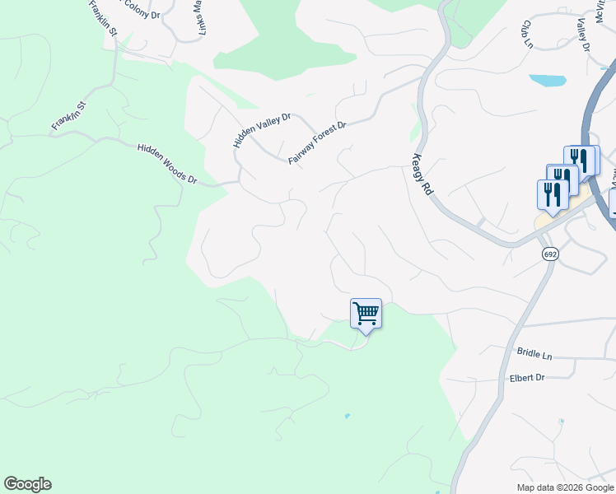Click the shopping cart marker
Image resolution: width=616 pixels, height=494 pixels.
(366, 314)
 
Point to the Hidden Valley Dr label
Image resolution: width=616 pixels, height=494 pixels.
(262, 130)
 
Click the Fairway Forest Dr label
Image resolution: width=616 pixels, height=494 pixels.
(318, 142)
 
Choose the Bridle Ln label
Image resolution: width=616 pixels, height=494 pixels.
(534, 353)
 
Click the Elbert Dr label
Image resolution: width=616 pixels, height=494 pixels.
(527, 378)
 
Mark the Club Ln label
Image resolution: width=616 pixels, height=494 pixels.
(525, 34)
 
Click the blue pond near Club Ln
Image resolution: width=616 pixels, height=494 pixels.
(548, 81)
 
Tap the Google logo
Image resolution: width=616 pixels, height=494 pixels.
(27, 484)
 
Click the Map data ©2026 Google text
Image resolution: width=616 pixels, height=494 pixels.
(565, 487)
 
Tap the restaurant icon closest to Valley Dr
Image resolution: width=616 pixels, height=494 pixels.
(582, 158)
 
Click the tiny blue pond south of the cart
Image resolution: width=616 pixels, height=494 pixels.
(348, 416)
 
